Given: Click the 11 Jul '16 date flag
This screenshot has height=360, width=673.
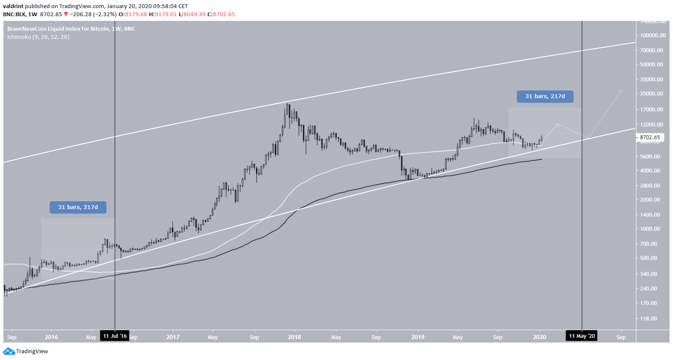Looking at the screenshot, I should [115, 336].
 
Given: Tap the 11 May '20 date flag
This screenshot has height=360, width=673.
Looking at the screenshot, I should [582, 336].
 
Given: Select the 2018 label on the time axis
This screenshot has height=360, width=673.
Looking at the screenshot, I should [294, 337].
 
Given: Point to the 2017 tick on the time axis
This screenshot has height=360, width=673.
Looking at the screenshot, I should [173, 337].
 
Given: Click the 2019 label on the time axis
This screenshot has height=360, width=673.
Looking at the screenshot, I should [418, 337].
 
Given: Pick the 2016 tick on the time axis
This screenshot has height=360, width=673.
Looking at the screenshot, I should [51, 337].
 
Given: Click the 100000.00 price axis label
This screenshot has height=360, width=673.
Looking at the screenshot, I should [653, 35].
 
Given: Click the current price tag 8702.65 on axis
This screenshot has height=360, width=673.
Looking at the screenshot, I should [650, 137].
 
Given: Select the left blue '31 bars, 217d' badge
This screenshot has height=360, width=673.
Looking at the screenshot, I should [78, 207].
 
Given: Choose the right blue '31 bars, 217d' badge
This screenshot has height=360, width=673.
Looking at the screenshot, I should [545, 96].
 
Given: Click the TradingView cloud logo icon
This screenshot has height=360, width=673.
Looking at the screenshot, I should [9, 351].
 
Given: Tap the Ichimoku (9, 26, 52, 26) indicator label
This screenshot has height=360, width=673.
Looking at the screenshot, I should [38, 37].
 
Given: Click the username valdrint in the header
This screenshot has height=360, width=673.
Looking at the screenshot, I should [13, 6].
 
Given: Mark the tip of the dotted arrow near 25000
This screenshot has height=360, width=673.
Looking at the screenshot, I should [621, 90].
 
